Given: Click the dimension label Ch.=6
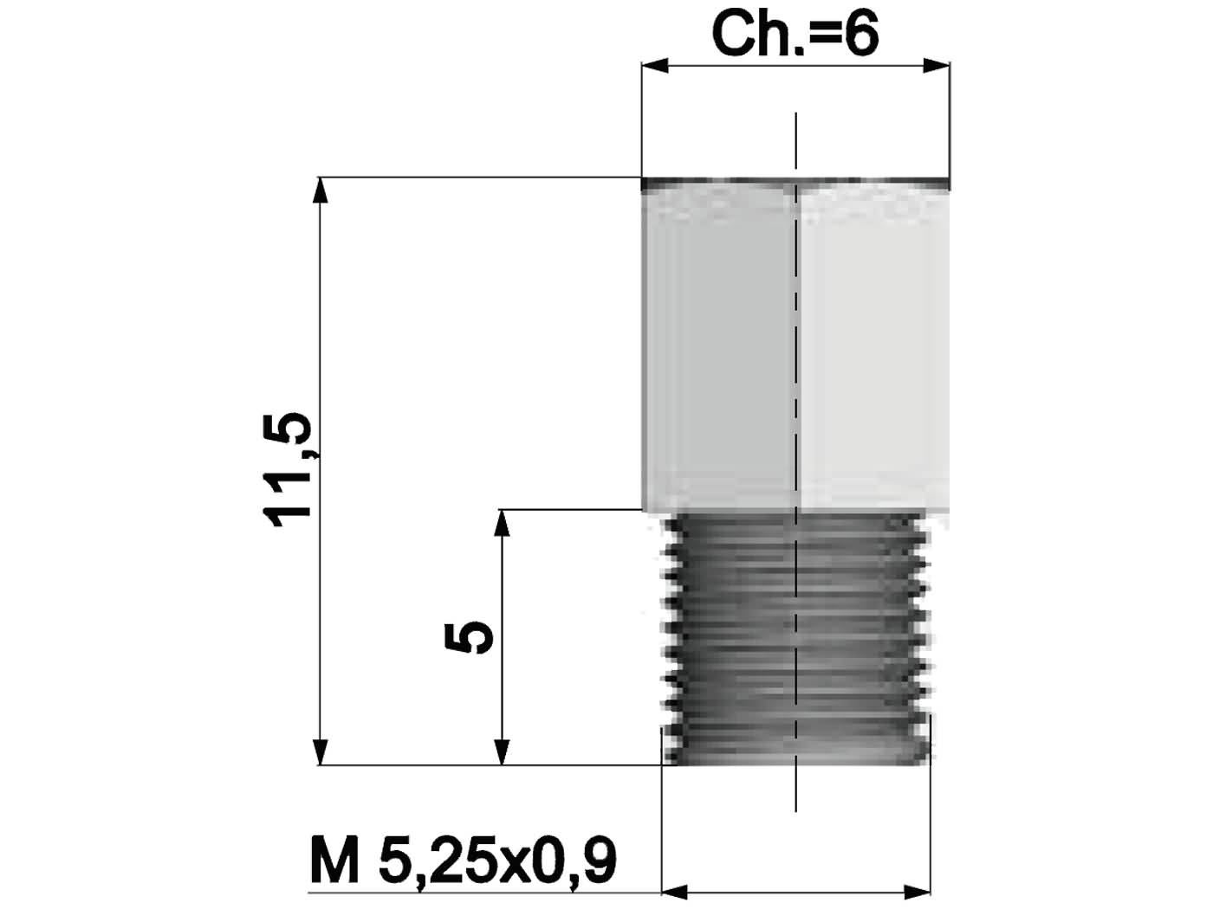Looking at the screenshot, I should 795,35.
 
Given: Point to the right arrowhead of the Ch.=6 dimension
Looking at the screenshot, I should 937,67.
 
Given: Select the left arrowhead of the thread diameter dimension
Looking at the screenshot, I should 675,891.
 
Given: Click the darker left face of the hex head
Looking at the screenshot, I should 719,346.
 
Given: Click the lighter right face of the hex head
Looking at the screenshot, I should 871,346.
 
